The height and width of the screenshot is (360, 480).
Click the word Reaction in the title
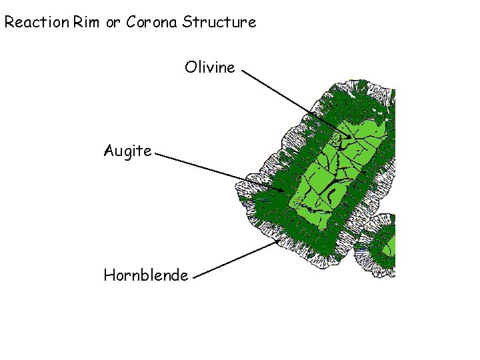coord(37,22)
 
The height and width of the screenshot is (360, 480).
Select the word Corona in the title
coord(152,22)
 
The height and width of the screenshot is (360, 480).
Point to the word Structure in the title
coord(219,22)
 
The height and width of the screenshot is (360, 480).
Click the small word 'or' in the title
coord(113,23)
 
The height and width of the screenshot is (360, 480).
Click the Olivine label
coord(210,67)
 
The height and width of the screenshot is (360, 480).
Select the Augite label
coord(127,151)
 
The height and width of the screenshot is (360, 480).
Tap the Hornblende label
coord(146,275)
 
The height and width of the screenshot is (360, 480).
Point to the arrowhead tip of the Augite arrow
coord(285,191)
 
